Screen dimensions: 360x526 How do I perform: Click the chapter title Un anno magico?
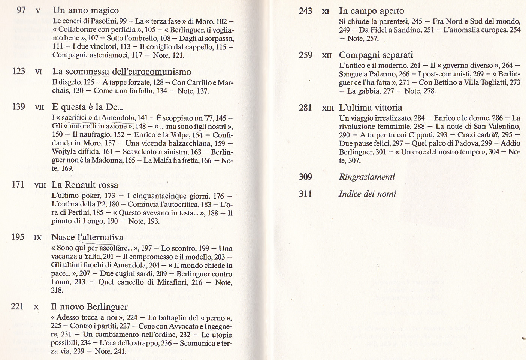[86, 10]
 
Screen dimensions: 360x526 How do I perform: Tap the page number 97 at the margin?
[21, 10]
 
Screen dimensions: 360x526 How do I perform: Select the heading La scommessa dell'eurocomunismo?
[122, 72]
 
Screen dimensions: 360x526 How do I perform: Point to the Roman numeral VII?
[39, 107]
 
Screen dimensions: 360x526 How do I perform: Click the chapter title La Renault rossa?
[85, 185]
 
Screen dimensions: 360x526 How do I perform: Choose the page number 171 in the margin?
[18, 184]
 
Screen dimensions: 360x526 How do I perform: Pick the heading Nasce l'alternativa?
[87, 237]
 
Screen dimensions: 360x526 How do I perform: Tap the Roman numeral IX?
[38, 238]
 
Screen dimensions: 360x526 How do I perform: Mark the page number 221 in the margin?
[17, 306]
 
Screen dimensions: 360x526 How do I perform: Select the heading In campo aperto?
[371, 11]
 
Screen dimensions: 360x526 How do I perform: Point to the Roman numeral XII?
[327, 55]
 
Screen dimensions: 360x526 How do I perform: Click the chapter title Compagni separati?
[376, 55]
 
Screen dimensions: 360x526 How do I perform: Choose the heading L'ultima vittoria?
[371, 108]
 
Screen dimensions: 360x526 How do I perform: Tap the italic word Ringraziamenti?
[367, 177]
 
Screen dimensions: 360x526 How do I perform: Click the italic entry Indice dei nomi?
[367, 194]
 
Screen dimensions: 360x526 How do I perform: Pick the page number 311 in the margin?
[305, 194]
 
